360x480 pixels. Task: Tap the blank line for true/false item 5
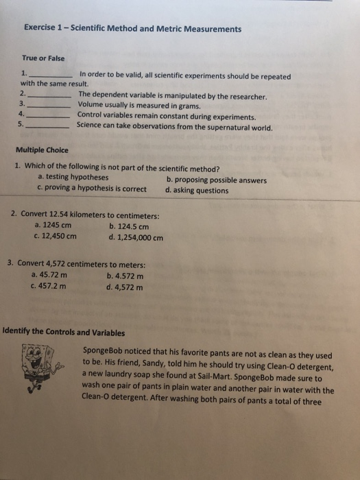point(48,128)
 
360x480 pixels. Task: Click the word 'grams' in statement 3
point(187,106)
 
